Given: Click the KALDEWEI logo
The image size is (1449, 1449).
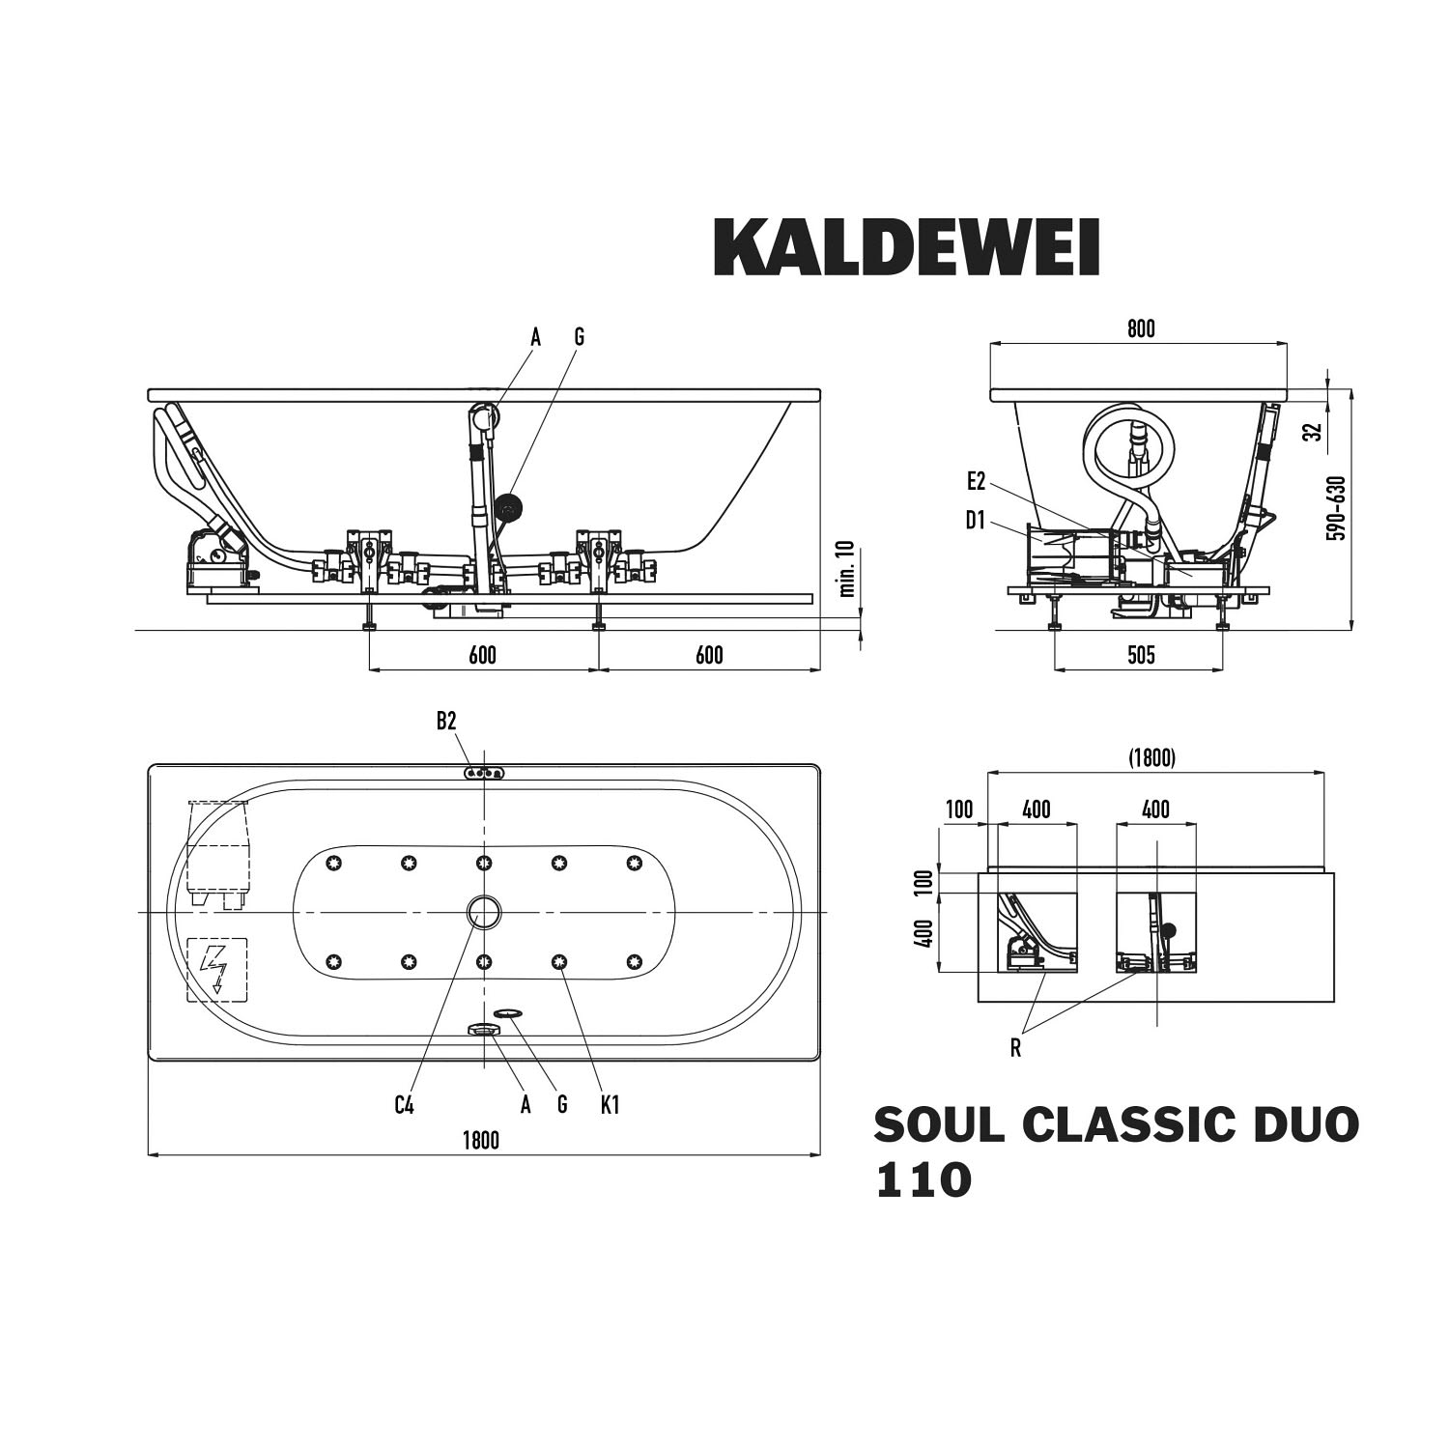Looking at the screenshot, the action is click(x=906, y=247).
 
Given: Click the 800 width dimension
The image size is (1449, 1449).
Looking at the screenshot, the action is click(x=1141, y=329).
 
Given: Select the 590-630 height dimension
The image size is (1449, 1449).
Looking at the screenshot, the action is click(x=1336, y=507).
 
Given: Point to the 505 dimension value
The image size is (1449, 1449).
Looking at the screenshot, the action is click(x=1141, y=655).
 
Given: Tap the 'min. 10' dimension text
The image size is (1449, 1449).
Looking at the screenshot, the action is click(x=847, y=569).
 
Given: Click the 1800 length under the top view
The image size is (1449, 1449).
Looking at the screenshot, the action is click(x=480, y=1140).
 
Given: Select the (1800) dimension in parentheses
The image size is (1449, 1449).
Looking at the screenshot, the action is click(x=1152, y=758).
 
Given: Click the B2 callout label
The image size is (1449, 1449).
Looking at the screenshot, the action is click(x=445, y=721).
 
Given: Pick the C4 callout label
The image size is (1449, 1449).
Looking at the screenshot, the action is click(x=404, y=1105).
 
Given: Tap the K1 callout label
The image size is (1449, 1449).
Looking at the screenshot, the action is click(x=610, y=1105).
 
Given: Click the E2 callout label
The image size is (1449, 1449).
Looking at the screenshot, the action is click(x=976, y=481).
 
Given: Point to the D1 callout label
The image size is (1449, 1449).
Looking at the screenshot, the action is click(x=976, y=522).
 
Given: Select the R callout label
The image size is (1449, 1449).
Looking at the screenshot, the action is click(x=1015, y=1049).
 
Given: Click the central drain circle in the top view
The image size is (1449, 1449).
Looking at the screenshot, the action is click(x=484, y=912).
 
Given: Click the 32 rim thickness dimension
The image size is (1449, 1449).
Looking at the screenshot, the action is click(x=1311, y=431).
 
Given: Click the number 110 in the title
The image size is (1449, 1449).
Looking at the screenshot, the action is click(x=923, y=1180).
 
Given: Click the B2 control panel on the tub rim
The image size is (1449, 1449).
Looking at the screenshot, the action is click(x=483, y=773).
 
